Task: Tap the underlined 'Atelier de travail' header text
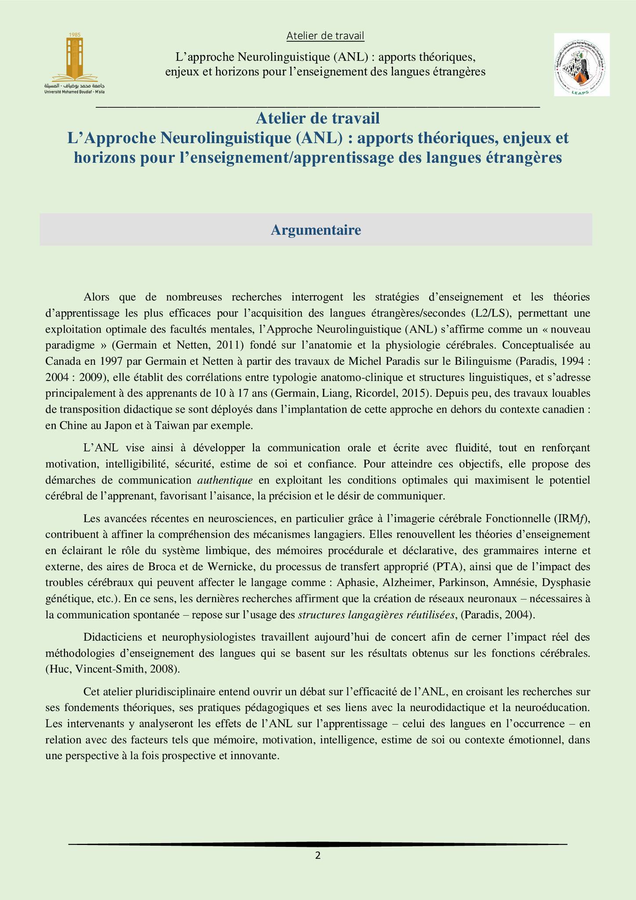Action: (325, 36)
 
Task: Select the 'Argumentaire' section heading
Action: (316, 230)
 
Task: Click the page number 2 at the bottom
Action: (318, 855)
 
